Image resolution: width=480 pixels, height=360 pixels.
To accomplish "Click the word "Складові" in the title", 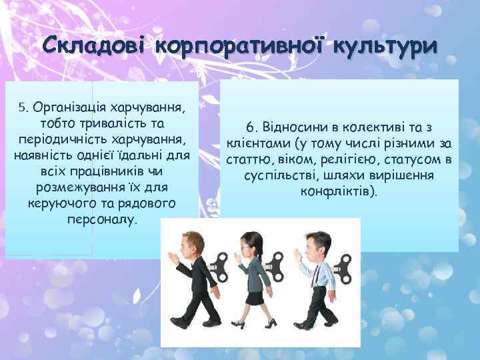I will tap(91, 48).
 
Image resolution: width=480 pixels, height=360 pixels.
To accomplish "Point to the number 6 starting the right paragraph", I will tap(249, 127).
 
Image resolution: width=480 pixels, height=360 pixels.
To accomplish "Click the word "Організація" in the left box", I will tap(68, 108).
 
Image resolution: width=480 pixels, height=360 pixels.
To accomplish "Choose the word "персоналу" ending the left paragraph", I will tap(101, 219).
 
